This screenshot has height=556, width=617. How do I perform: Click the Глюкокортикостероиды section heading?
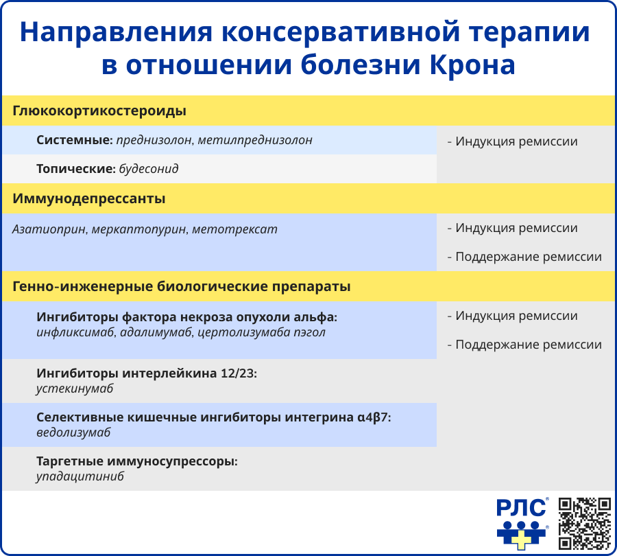coord(99,111)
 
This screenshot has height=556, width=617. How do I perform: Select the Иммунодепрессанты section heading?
coord(89,199)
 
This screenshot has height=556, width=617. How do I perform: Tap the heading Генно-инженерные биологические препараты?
coord(182,287)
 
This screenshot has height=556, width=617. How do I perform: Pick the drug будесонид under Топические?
coord(149,168)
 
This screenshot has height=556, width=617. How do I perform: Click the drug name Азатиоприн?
coord(49,229)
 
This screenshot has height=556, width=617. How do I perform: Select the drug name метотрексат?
coord(234,229)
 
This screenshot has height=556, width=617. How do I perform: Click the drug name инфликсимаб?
coord(75,333)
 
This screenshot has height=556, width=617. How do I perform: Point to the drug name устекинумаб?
coord(75,389)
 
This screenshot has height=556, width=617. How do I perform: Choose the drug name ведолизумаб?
coord(73,432)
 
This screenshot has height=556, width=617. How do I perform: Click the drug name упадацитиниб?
coord(80,476)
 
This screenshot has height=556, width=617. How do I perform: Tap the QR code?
coord(584,523)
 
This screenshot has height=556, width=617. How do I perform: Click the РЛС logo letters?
coord(522,508)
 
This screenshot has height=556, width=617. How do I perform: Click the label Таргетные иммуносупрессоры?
coord(137,461)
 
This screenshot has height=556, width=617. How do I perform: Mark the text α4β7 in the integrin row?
coord(374,417)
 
